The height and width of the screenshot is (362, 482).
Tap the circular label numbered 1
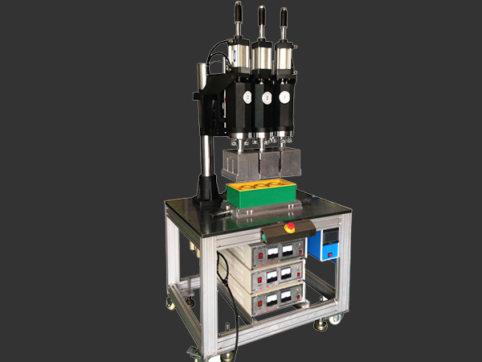(x=284, y=97)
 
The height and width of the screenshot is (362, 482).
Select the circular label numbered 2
(x=266, y=97)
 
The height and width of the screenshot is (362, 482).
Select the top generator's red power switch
(x=260, y=257)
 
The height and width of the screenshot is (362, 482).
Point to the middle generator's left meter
(x=273, y=278)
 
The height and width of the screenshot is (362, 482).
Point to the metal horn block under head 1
(x=288, y=163)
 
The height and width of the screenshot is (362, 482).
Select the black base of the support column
(x=206, y=194)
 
